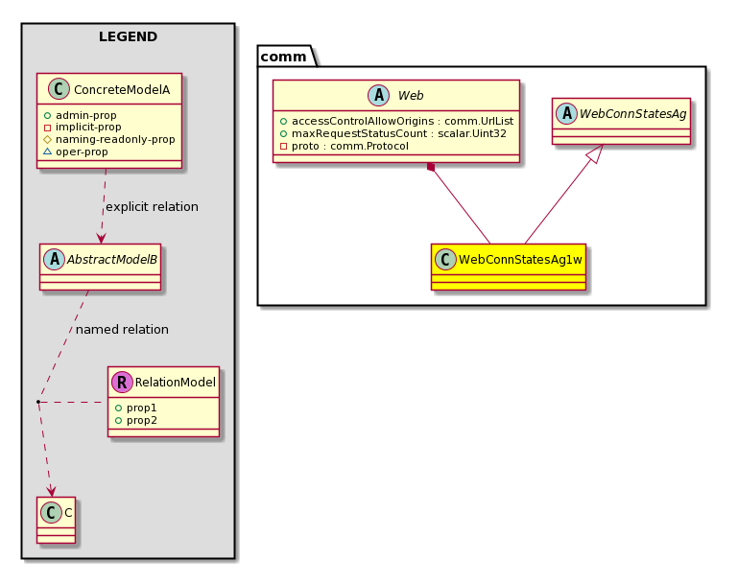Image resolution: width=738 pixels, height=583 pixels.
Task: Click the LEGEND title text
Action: click(x=128, y=36)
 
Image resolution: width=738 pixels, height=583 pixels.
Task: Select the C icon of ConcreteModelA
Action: click(x=59, y=89)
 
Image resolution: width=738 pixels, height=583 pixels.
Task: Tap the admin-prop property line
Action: click(x=81, y=115)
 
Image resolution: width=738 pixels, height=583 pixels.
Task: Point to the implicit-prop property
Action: click(x=83, y=127)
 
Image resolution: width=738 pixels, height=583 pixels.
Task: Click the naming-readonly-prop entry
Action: click(x=109, y=139)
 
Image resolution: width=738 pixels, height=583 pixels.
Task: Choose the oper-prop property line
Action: click(x=76, y=152)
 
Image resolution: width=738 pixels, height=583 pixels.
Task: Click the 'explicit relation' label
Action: click(x=152, y=207)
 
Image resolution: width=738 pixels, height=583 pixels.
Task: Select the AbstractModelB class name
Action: click(x=112, y=260)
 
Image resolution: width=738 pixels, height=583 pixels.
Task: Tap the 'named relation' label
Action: click(x=122, y=330)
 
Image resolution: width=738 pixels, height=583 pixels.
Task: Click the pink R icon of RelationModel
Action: click(x=122, y=383)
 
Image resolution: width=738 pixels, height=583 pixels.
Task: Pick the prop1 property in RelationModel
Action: click(x=136, y=408)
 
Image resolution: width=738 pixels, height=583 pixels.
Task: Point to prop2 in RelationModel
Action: click(x=136, y=420)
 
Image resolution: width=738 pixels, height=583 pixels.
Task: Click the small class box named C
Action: click(x=56, y=520)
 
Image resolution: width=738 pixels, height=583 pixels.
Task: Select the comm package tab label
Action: click(x=283, y=57)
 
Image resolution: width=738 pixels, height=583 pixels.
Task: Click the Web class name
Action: click(x=411, y=96)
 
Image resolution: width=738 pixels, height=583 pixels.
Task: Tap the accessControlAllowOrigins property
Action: click(x=396, y=121)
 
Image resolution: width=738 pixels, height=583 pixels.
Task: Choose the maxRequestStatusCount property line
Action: click(x=393, y=133)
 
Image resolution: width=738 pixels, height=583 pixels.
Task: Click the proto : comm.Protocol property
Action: click(x=345, y=146)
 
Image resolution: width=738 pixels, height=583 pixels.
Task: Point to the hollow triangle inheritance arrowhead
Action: click(x=595, y=153)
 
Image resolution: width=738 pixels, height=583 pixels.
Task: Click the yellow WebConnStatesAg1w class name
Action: click(x=520, y=260)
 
